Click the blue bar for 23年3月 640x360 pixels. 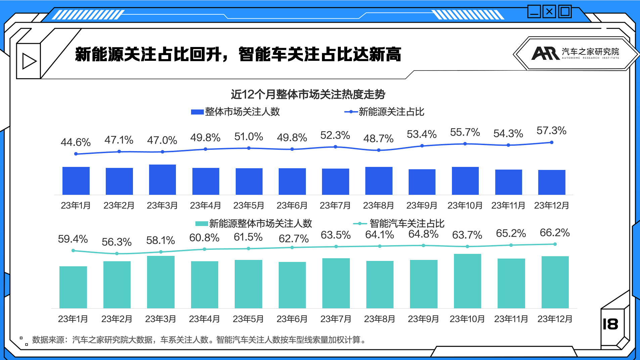[163, 180]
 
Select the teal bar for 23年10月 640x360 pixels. [467, 281]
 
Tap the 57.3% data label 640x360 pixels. [551, 131]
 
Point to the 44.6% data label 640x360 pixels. [76, 142]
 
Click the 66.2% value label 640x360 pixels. [555, 232]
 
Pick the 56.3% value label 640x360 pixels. [117, 242]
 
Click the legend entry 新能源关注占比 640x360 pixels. [384, 112]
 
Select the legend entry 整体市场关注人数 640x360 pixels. [235, 112]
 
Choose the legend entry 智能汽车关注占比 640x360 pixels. [399, 223]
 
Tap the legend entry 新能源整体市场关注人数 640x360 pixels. [254, 223]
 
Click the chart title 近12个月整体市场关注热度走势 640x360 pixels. [308, 94]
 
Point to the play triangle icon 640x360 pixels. [29, 61]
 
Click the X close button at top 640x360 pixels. [549, 12]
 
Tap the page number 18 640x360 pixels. [610, 324]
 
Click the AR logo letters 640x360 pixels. [546, 53]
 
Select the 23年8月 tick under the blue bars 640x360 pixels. [378, 206]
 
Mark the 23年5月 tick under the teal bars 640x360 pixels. [248, 319]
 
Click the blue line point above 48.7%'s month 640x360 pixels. [379, 150]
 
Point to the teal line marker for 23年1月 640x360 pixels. [73, 251]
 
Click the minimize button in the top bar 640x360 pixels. [534, 12]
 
